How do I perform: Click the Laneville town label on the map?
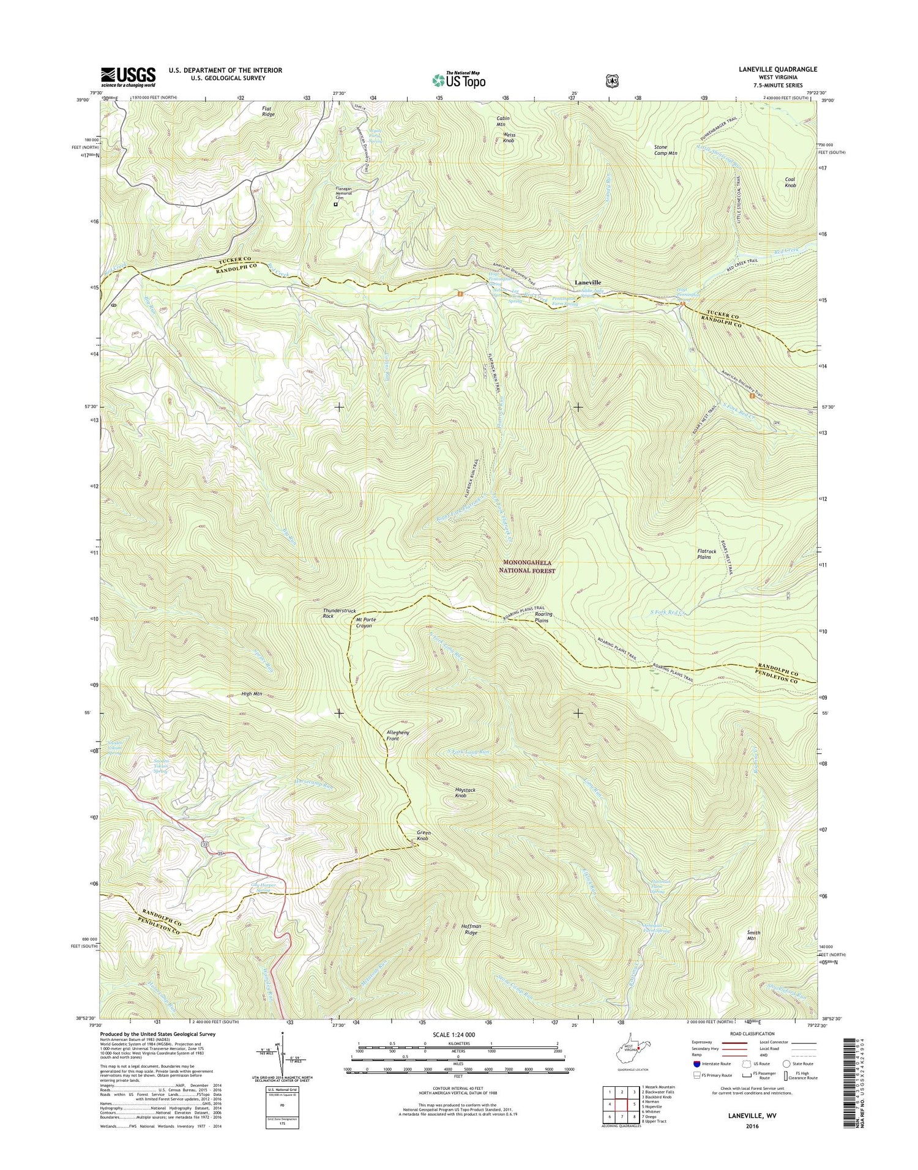pyautogui.click(x=592, y=282)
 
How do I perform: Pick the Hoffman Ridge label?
pyautogui.click(x=471, y=930)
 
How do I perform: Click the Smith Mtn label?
pyautogui.click(x=753, y=936)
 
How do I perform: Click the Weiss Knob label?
pyautogui.click(x=508, y=138)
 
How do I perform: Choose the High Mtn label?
pyautogui.click(x=252, y=693)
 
